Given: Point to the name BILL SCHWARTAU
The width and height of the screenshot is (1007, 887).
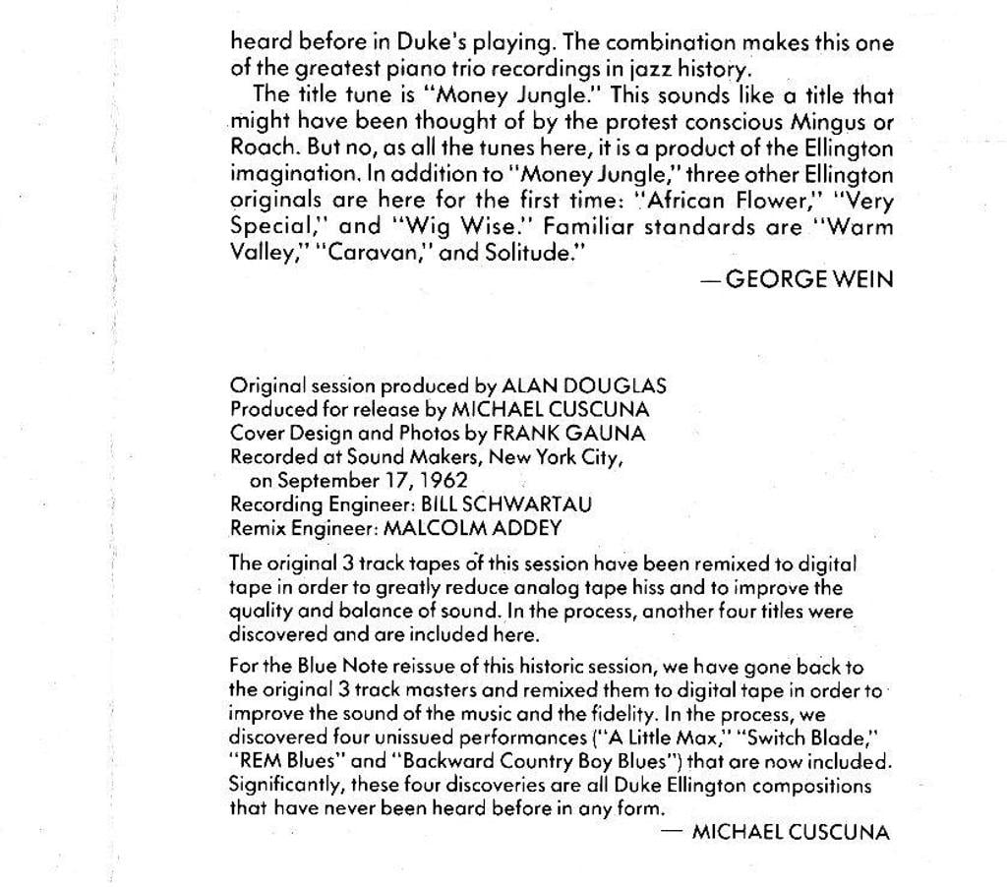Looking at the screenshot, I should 506,504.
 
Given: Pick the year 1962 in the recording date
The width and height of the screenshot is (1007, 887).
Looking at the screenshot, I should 443,481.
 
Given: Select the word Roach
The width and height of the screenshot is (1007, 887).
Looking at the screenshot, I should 257,149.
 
